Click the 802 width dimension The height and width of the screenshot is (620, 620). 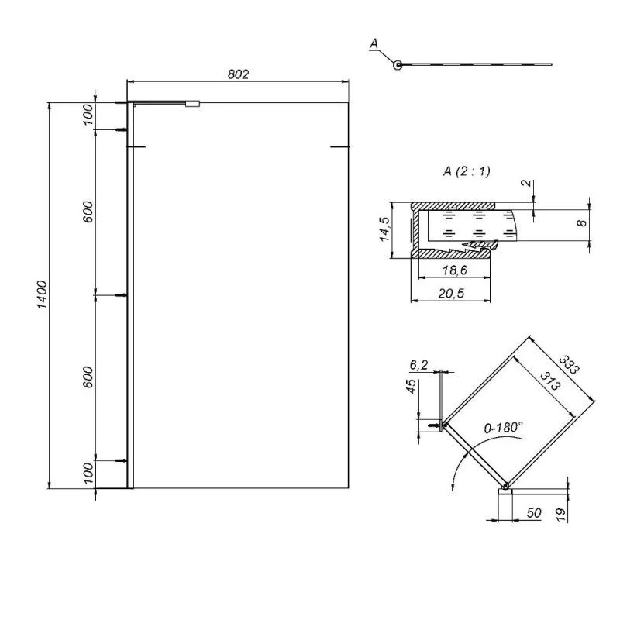click(x=238, y=74)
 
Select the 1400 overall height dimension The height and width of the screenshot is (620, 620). click(x=43, y=295)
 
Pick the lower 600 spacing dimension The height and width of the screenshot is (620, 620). click(x=88, y=377)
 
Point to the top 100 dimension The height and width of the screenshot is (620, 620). click(x=88, y=115)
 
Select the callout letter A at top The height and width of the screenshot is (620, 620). click(x=374, y=45)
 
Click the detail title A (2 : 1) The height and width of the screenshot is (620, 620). click(x=467, y=171)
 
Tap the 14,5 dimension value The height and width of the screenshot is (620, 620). click(x=384, y=229)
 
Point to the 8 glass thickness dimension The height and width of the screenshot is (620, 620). click(x=580, y=223)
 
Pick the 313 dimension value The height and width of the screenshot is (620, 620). click(x=548, y=381)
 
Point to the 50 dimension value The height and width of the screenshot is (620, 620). click(x=533, y=514)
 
